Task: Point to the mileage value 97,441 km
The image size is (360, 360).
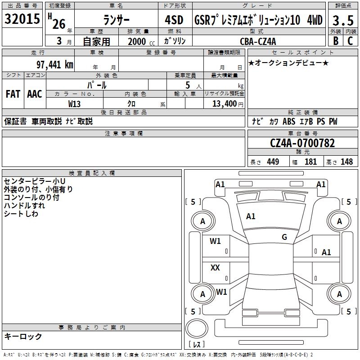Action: click(54, 64)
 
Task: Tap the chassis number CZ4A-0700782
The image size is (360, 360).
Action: click(302, 143)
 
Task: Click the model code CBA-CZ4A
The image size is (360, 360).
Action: click(258, 41)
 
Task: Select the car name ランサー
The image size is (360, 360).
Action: click(116, 20)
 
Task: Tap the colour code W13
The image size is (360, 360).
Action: click(75, 104)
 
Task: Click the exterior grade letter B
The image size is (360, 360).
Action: click(335, 41)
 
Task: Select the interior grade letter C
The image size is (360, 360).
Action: click(350, 41)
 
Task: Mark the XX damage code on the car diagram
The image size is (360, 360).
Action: click(215, 268)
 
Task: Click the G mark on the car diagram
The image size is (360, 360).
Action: click(284, 237)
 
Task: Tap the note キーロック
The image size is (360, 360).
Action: click(23, 336)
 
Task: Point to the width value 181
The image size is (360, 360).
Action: click(310, 162)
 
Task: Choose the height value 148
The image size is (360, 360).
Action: click(346, 162)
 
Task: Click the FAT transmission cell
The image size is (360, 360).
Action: click(13, 94)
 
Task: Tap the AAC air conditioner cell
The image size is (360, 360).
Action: click(35, 94)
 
